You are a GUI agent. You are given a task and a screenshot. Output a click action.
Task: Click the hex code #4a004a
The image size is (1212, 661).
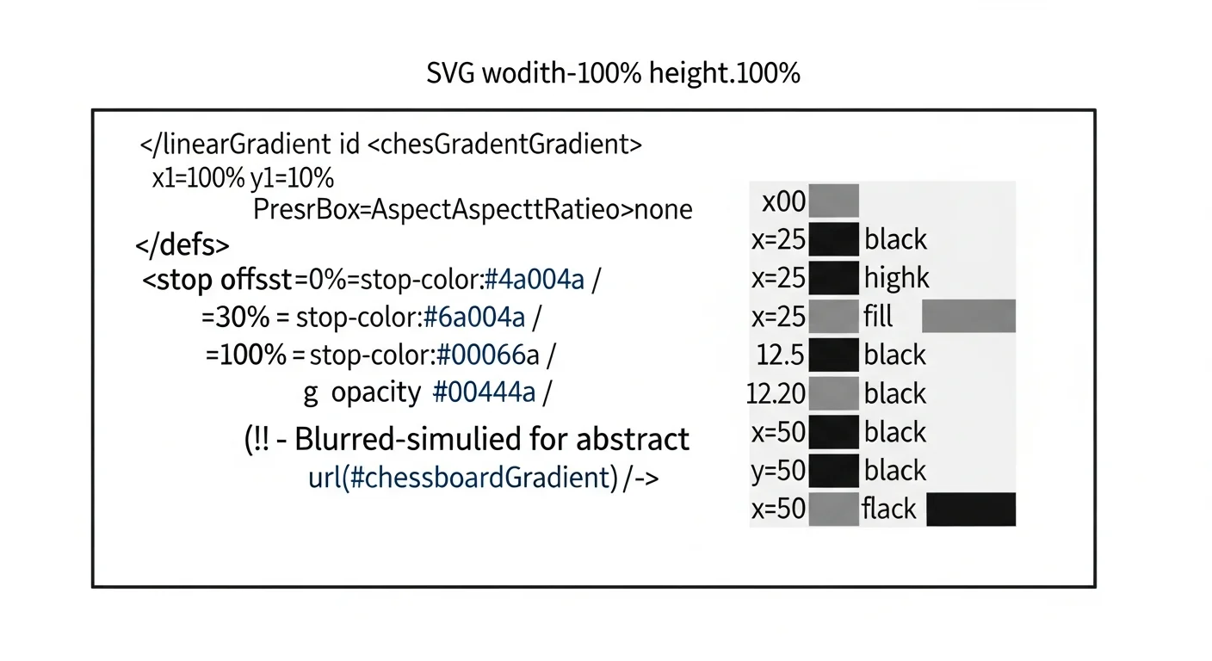tap(535, 280)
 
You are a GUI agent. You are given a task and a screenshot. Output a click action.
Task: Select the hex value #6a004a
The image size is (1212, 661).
tap(474, 317)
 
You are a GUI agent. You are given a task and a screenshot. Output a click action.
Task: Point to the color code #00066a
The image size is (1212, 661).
tap(488, 355)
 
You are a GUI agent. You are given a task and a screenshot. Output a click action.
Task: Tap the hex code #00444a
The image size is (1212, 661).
tap(485, 392)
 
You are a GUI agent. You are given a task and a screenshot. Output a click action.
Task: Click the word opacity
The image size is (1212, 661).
tap(376, 392)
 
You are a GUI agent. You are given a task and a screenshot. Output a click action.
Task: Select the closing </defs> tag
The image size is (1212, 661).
tap(182, 244)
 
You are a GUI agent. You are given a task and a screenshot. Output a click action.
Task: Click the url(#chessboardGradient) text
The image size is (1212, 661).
tap(463, 478)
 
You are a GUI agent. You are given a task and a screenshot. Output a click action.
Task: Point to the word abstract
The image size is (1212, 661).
tap(633, 439)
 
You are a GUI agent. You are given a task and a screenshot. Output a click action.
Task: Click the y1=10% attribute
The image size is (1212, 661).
tap(292, 178)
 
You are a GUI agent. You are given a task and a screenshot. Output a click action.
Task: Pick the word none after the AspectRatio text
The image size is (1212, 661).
tap(663, 210)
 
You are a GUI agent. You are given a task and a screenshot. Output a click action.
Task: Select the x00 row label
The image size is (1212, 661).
tap(784, 201)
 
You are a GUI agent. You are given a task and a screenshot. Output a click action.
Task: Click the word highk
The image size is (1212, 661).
tap(897, 277)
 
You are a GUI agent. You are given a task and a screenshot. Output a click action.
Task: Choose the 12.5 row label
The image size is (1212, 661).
tap(780, 355)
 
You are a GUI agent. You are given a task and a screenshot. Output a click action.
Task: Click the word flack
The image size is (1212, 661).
tap(889, 509)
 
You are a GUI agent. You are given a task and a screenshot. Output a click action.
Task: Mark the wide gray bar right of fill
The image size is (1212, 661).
tap(968, 316)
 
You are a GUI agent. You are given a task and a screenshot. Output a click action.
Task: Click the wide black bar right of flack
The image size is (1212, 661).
tap(971, 509)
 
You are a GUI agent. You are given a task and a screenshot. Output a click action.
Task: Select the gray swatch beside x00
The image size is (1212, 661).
tap(834, 201)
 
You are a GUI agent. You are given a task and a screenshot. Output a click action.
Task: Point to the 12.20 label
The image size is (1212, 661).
tap(776, 393)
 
